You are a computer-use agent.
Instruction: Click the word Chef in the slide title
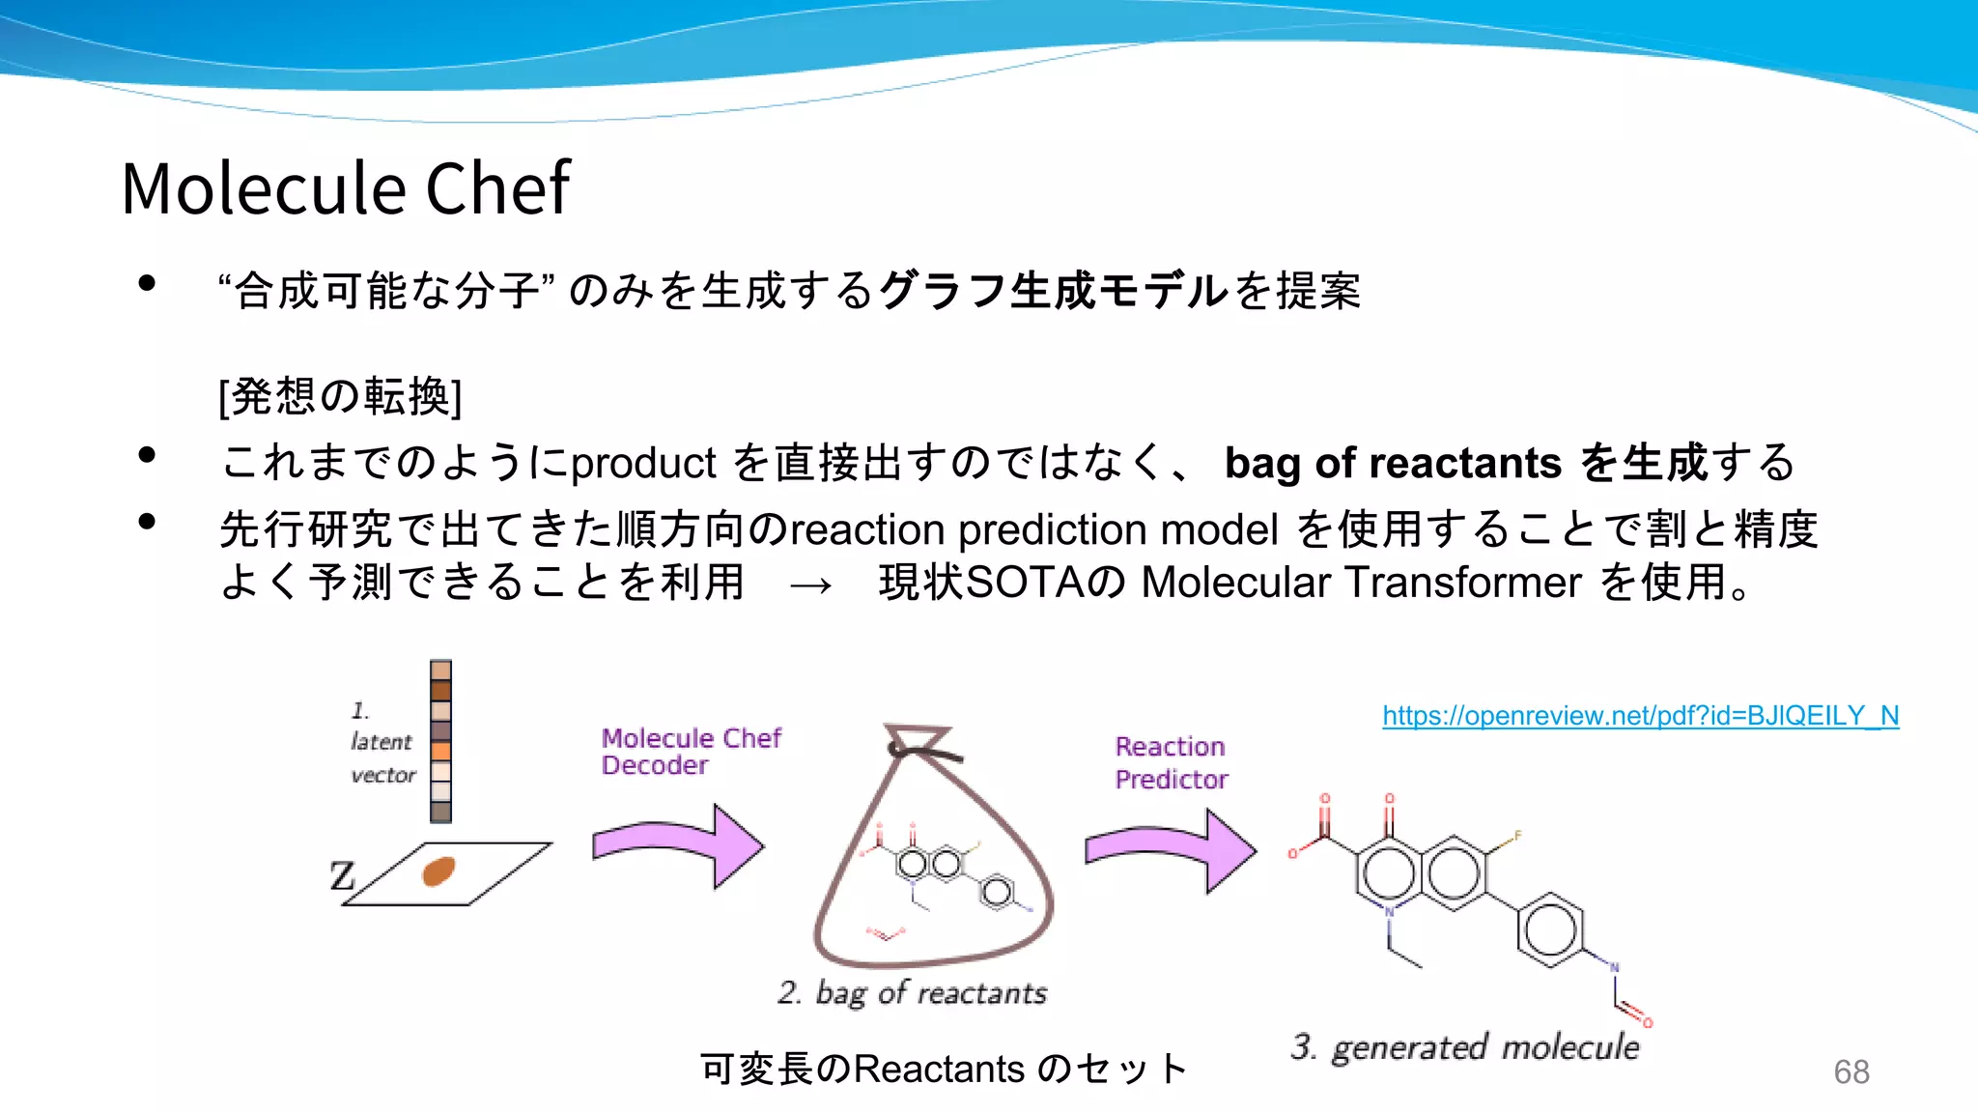tap(497, 188)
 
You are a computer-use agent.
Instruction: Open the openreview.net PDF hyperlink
tap(1640, 716)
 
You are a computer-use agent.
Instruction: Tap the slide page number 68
tap(1851, 1072)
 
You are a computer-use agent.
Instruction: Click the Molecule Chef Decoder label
tap(691, 752)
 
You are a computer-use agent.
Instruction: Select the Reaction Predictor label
tap(1171, 762)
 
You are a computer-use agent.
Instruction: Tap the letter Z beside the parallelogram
tap(342, 876)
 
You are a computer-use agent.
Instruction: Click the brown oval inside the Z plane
tap(438, 871)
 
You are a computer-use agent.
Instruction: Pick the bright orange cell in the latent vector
tap(441, 752)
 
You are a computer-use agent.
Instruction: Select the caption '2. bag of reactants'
tap(912, 993)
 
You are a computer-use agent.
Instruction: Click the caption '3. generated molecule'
tap(1464, 1047)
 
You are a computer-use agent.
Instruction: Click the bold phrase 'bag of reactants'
tap(1392, 463)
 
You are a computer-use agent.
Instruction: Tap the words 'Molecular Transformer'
tap(1361, 583)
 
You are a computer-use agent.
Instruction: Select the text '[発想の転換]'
tap(340, 396)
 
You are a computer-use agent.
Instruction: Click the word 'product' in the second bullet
tap(642, 464)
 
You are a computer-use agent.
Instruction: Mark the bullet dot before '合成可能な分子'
tap(147, 283)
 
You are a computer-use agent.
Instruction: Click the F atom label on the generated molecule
tap(1517, 836)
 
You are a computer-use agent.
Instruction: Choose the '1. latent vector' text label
tap(381, 742)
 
